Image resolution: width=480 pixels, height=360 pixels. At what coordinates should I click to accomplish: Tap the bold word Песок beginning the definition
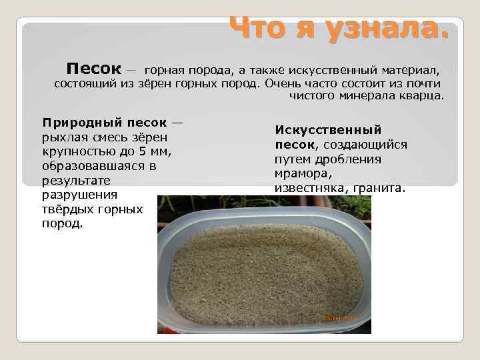point(93,69)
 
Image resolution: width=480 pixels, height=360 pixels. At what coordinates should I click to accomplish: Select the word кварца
point(422,96)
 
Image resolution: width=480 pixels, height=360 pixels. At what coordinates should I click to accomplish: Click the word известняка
point(308,188)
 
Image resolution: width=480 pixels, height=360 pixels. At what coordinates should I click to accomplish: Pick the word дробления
point(357,159)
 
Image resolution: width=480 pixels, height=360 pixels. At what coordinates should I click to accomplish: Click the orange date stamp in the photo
point(339,318)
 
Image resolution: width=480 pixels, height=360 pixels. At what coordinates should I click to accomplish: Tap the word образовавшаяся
point(93,167)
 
